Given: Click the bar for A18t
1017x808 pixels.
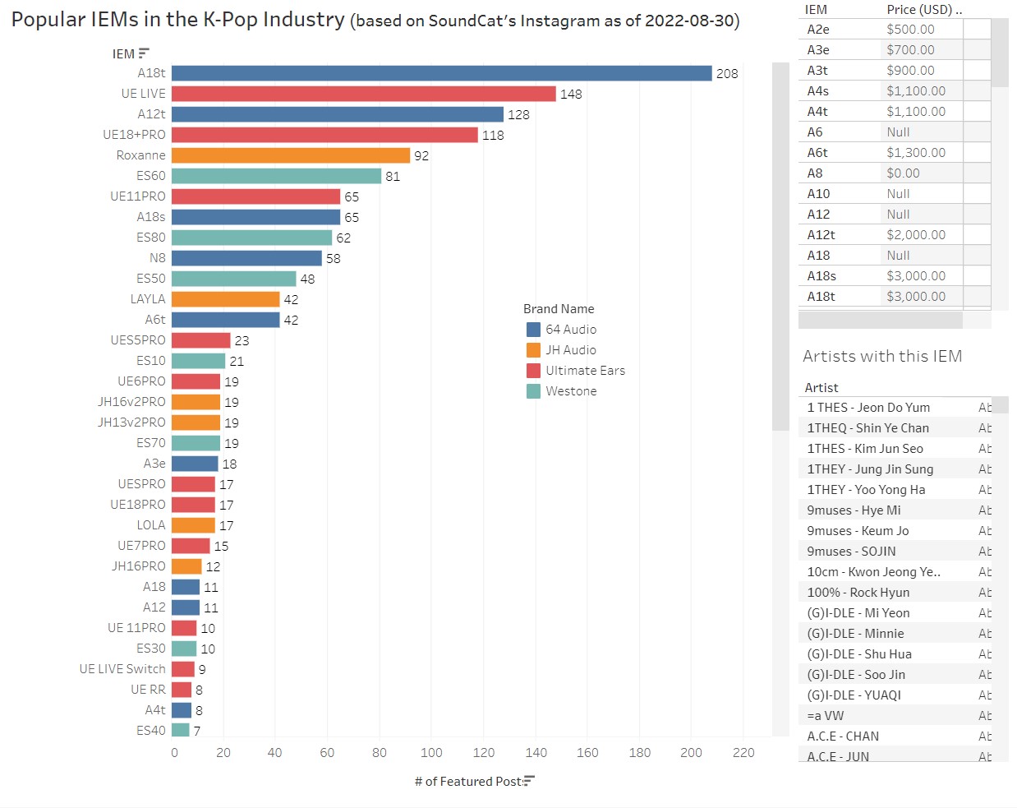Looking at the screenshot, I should pyautogui.click(x=441, y=73).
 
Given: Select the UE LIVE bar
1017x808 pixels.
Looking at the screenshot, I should pyautogui.click(x=363, y=94).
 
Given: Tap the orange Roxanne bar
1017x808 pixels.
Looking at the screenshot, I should pyautogui.click(x=290, y=155).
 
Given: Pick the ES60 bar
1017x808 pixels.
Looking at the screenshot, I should pyautogui.click(x=276, y=176).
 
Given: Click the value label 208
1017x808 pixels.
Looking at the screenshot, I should pyautogui.click(x=727, y=74).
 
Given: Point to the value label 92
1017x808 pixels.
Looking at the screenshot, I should pyautogui.click(x=421, y=156).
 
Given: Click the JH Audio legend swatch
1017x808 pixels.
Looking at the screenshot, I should pyautogui.click(x=533, y=350).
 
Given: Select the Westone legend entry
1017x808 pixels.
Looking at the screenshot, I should pyautogui.click(x=571, y=391).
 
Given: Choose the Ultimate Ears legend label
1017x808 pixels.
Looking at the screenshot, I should pyautogui.click(x=585, y=371).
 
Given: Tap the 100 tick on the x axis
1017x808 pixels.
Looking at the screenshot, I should pyautogui.click(x=431, y=752).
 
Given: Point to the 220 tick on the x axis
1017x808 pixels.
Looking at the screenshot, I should pyautogui.click(x=743, y=752).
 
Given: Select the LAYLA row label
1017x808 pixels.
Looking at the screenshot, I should pyautogui.click(x=148, y=299).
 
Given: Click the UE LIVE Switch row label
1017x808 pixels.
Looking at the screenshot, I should pyautogui.click(x=122, y=669).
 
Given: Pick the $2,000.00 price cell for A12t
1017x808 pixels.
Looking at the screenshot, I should pyautogui.click(x=916, y=235).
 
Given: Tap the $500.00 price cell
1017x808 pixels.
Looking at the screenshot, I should pyautogui.click(x=910, y=30).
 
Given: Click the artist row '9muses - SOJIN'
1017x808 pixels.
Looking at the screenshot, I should pyautogui.click(x=851, y=552).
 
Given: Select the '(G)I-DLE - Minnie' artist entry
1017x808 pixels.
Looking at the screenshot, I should pyautogui.click(x=855, y=634).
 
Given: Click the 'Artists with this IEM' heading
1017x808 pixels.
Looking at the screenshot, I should pyautogui.click(x=882, y=356).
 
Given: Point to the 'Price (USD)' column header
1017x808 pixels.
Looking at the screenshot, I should pyautogui.click(x=919, y=10).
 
